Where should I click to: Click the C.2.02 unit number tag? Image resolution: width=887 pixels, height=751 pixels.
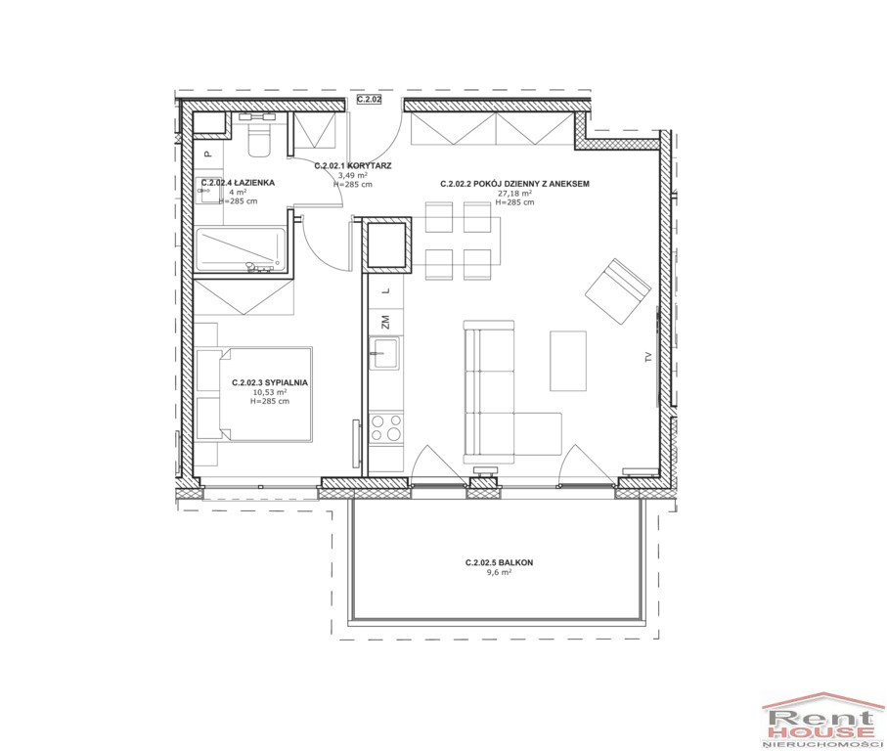[x=370, y=100]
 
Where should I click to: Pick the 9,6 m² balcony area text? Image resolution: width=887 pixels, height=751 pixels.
[x=500, y=572]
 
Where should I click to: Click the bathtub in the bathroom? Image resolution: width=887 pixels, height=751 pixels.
[x=240, y=247]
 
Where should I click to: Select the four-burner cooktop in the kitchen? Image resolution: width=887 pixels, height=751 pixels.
[x=386, y=428]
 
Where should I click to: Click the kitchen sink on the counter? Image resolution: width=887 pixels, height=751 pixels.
[x=384, y=353]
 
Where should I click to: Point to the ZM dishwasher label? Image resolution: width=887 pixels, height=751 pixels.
[x=386, y=323]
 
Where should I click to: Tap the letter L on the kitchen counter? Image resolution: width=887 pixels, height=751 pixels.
[x=386, y=290]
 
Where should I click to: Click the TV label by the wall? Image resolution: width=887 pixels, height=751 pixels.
[x=648, y=357]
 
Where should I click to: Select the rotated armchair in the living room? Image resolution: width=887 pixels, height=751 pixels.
[x=618, y=291]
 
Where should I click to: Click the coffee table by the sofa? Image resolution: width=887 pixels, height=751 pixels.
[x=568, y=361]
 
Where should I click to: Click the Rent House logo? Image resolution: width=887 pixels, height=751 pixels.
[x=823, y=720]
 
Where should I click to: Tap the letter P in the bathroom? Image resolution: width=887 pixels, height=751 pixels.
[x=207, y=154]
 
